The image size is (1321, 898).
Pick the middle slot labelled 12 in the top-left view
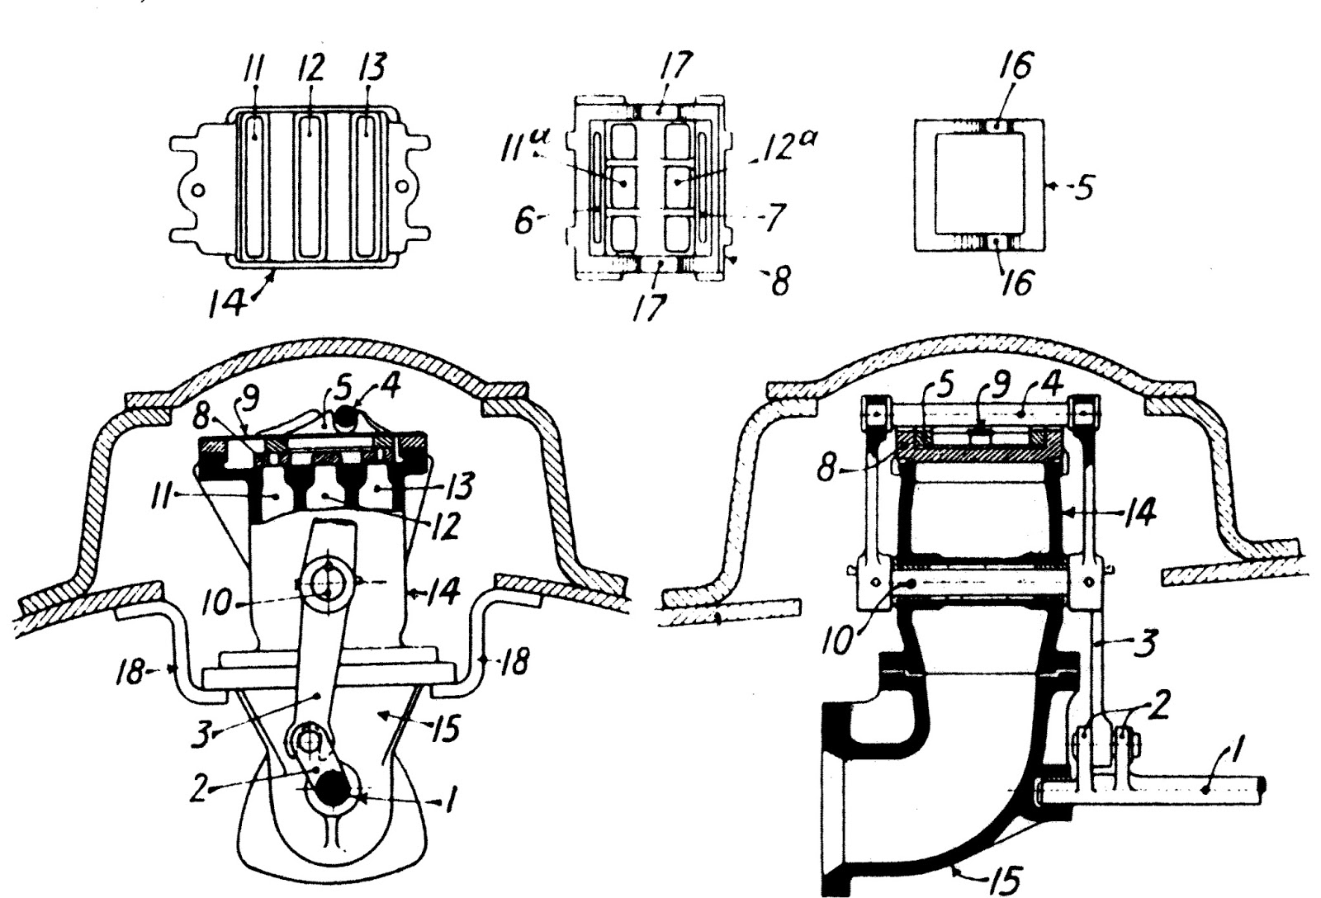pyautogui.click(x=311, y=187)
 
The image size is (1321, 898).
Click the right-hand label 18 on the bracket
pyautogui.click(x=514, y=662)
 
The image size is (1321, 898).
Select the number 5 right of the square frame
pyautogui.click(x=1084, y=188)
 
